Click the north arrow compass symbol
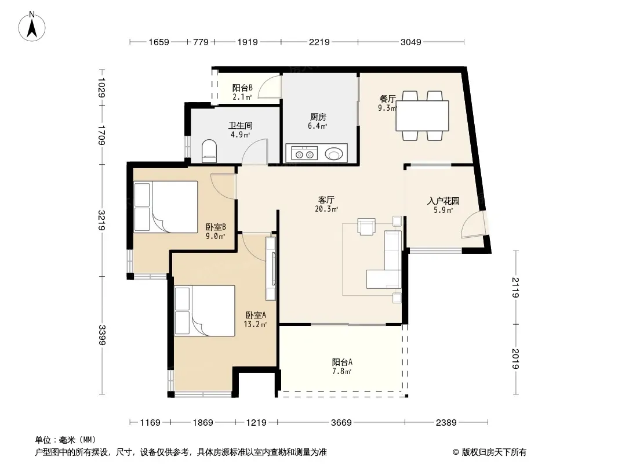tap(32, 27)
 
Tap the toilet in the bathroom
tap(209, 151)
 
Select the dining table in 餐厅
tap(422, 115)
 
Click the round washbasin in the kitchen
tap(335, 154)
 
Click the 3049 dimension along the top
tap(410, 42)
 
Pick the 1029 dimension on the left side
tap(101, 88)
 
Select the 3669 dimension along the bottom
tap(341, 423)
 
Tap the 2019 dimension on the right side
tap(515, 359)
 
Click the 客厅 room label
tap(326, 200)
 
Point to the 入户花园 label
tap(443, 201)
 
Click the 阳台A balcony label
tap(342, 362)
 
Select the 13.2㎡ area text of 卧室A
tap(255, 324)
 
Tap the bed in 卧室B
tap(166, 206)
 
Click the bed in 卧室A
tap(205, 311)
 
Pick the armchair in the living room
tap(366, 226)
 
